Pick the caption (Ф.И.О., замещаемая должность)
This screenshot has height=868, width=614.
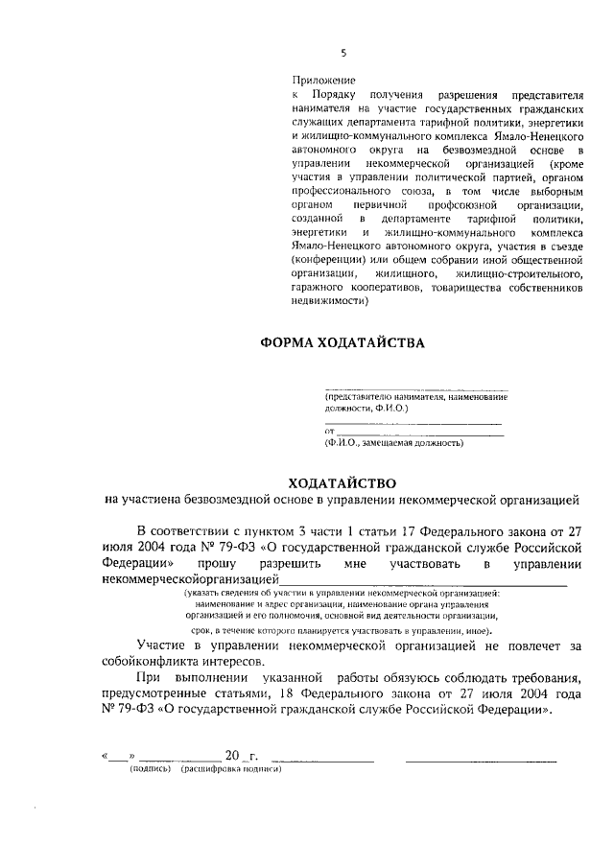[x=394, y=443]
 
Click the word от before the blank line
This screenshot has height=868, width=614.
[x=329, y=432]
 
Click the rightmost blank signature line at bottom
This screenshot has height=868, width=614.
[x=481, y=760]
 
